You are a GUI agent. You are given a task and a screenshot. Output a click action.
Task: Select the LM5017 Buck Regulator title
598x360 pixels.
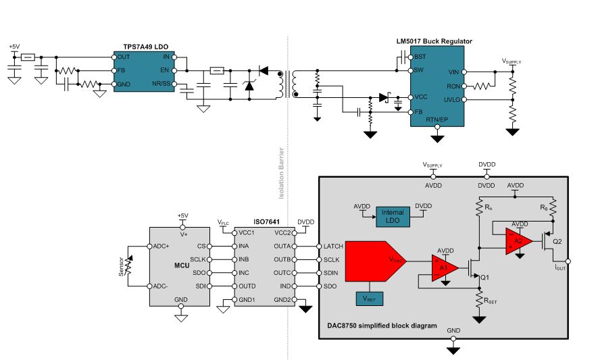pos(434,41)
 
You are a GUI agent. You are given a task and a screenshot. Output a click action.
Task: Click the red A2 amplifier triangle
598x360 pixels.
pos(518,240)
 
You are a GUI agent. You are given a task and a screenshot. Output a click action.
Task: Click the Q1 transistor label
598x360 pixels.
pos(484,276)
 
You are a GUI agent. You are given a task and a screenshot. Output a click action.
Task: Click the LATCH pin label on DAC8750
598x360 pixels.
pos(334,247)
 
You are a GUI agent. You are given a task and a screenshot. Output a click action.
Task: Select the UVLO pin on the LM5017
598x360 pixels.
pos(453,100)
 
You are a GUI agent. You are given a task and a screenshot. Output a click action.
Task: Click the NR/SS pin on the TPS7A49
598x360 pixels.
pos(164,84)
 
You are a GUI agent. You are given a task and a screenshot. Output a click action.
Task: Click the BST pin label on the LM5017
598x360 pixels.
pos(420,57)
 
